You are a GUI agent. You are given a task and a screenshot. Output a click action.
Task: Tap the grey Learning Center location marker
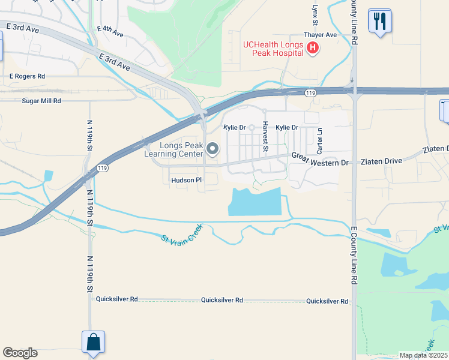point(212,148)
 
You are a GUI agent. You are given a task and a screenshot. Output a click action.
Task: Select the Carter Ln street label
point(320,140)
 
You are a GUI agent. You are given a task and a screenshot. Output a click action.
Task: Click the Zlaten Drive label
point(381,161)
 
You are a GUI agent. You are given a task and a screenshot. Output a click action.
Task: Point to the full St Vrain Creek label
point(182,234)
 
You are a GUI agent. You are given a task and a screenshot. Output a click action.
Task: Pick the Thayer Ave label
point(320,35)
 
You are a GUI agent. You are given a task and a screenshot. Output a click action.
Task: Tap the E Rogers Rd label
point(27,76)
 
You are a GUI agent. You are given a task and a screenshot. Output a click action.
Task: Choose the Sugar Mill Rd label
point(41,101)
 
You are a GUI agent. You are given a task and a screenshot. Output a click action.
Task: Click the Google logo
point(20,353)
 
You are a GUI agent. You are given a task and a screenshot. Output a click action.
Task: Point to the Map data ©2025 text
point(423,355)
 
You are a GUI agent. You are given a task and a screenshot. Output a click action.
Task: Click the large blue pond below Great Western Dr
point(255,202)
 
